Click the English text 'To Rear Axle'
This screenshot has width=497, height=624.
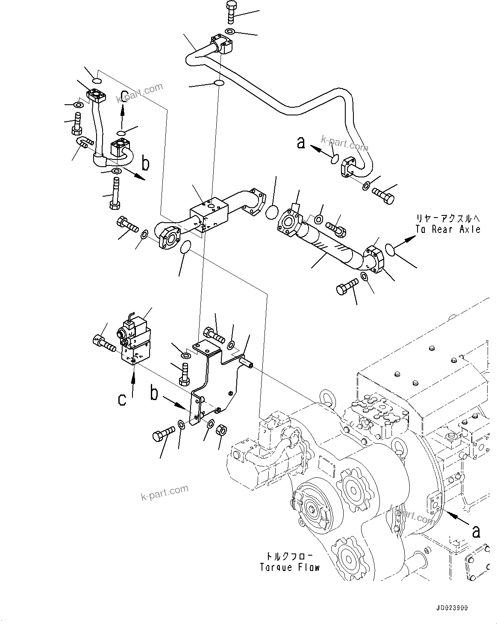pyautogui.click(x=447, y=230)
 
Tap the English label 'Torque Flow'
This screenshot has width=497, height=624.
pyautogui.click(x=290, y=568)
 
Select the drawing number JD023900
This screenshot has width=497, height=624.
pyautogui.click(x=453, y=607)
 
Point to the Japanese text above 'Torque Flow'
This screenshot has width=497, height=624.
pyautogui.click(x=289, y=556)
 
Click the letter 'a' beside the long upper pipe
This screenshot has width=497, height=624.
pyautogui.click(x=301, y=143)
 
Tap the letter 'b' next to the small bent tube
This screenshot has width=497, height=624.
pyautogui.click(x=146, y=163)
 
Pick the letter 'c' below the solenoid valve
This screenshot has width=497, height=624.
pyautogui.click(x=122, y=399)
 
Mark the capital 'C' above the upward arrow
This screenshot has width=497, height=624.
pyautogui.click(x=124, y=96)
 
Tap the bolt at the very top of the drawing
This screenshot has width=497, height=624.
pyautogui.click(x=230, y=12)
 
